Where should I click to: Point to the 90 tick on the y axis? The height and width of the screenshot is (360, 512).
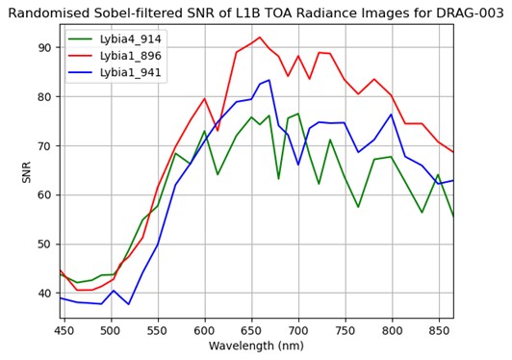coord(44,47)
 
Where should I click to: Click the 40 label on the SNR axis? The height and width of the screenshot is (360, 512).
coord(44,293)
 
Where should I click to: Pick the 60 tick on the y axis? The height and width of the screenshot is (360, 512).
coord(44,194)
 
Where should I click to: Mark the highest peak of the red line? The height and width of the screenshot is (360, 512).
coord(260,38)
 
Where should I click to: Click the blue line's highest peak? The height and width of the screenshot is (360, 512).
coord(269,80)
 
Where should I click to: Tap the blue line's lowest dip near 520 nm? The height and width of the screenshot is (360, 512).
coord(128,304)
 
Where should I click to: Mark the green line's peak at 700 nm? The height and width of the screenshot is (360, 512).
coord(297,114)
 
